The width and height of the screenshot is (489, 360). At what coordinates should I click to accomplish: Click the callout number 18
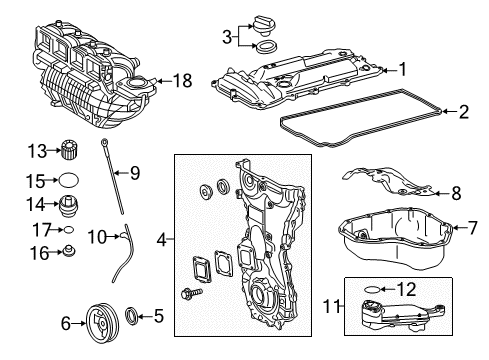182,81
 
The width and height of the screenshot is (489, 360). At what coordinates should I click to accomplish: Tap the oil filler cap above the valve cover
263,26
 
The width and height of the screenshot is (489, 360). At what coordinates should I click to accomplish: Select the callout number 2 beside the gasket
464,112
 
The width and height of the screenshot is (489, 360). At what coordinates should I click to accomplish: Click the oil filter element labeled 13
70,150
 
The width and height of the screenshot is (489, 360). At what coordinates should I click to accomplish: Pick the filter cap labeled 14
69,206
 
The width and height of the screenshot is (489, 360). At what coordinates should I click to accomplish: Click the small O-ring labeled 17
69,230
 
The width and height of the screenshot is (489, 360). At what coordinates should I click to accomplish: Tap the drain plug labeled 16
69,251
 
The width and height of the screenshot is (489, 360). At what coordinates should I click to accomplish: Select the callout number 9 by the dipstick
135,173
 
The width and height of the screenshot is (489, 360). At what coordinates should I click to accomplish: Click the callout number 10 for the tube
97,237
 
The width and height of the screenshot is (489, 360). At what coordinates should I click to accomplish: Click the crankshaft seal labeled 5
131,316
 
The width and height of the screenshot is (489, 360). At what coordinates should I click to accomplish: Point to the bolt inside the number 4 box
191,293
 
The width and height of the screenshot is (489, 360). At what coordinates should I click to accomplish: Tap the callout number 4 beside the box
162,239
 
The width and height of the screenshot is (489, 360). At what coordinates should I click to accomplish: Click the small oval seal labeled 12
372,289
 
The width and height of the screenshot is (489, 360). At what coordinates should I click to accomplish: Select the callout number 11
332,306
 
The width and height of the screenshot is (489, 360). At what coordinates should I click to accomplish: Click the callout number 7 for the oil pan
473,228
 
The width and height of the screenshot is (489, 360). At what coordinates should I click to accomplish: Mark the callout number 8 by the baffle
456,193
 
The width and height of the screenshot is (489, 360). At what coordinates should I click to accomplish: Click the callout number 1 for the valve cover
403,69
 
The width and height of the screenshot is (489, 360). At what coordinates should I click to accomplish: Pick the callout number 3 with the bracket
227,37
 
